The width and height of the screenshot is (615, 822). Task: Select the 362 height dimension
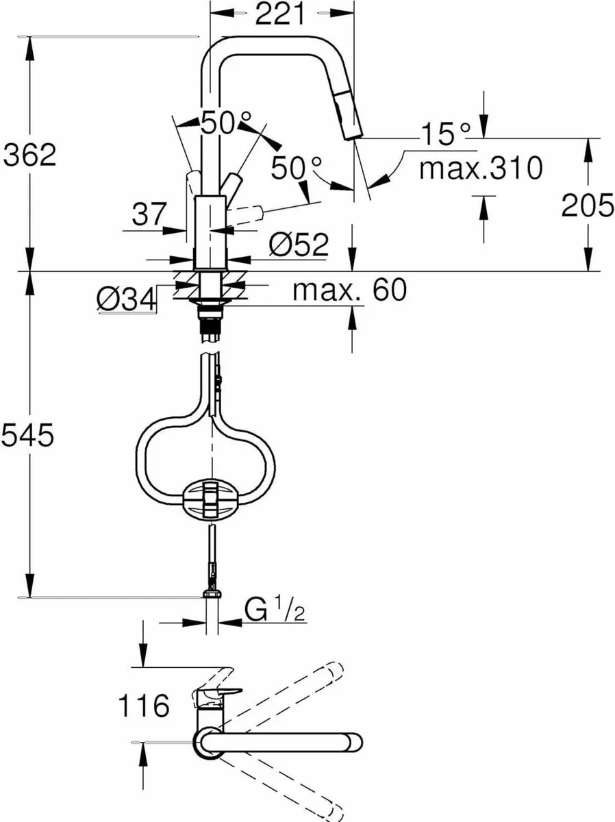(29, 156)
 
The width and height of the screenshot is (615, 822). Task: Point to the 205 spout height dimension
(588, 205)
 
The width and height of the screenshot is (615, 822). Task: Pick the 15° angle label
(445, 134)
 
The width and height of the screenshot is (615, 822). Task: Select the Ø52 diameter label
(299, 245)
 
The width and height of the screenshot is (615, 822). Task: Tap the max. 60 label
(349, 290)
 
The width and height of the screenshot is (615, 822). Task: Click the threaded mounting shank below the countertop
(210, 321)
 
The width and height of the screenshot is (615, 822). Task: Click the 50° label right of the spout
(296, 167)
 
